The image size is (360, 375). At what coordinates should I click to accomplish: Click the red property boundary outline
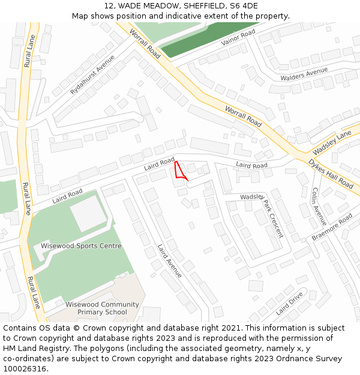(179, 170)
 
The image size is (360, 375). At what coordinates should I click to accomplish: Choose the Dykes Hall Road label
(331, 173)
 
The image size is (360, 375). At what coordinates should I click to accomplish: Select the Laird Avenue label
(170, 261)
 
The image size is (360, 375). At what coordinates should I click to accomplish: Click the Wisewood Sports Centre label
(81, 246)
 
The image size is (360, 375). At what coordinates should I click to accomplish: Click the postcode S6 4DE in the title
(244, 6)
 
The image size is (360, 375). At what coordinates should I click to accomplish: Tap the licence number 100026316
(25, 369)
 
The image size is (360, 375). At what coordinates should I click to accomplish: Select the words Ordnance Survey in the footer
(311, 359)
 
